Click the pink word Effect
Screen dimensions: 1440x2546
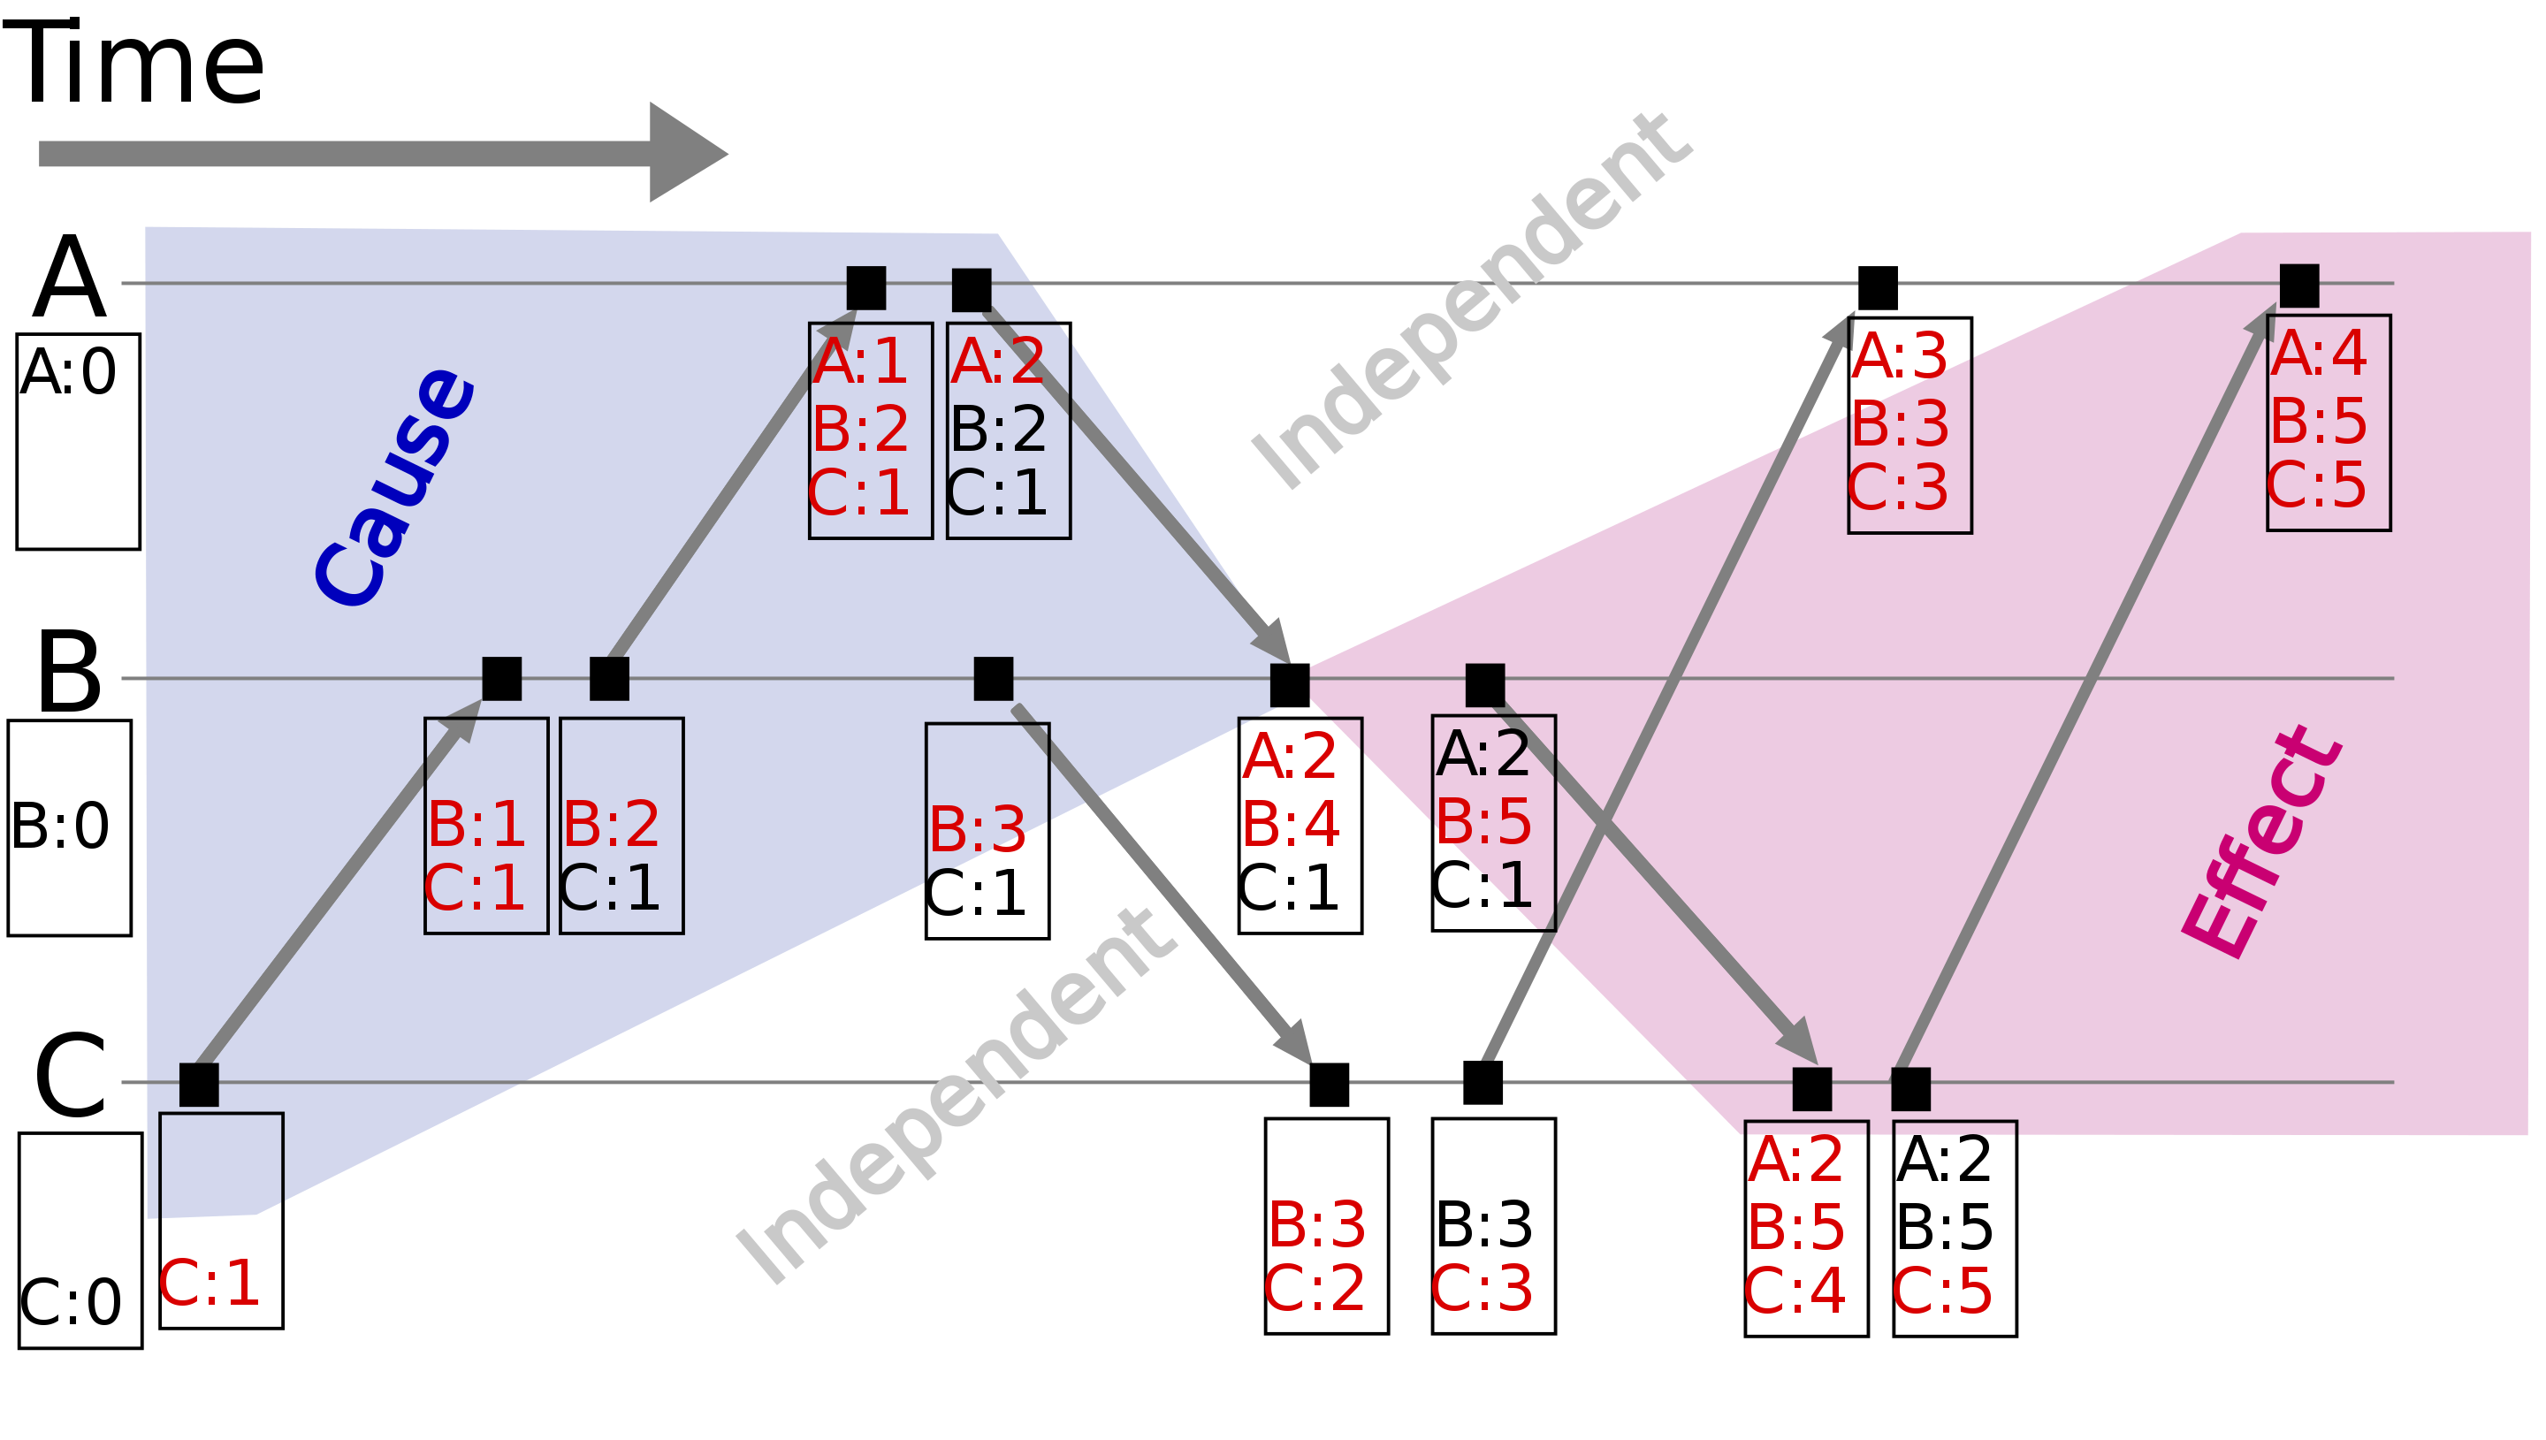2262,842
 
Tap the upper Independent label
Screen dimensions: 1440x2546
1471,301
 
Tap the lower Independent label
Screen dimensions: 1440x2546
955,1096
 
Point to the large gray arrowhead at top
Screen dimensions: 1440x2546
686,152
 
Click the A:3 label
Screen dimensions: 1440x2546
1898,356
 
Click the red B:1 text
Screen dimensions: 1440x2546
476,824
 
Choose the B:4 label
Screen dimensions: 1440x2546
1291,825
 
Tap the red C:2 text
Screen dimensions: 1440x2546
1314,1290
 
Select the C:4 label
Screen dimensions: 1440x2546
1794,1291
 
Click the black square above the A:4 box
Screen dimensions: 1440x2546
2298,286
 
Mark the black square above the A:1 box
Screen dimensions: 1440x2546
866,288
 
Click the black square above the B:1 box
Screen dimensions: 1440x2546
501,679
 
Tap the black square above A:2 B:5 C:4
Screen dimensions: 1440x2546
1811,1089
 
